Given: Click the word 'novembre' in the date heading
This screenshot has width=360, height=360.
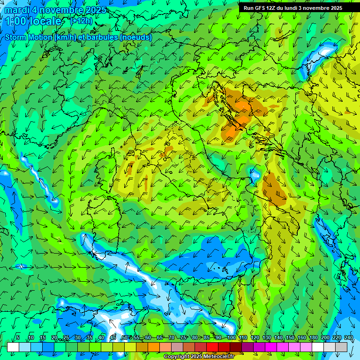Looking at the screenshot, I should point(58,10).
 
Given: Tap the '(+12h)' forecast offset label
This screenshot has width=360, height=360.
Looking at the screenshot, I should point(81,21).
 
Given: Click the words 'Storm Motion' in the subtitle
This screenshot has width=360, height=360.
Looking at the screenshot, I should point(29,37).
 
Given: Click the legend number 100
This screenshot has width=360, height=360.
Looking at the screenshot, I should point(231,337).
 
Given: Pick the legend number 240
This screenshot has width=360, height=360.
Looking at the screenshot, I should point(348,337).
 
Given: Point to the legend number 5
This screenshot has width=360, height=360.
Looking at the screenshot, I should point(18,337).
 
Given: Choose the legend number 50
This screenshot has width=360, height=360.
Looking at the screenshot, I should point(125,337).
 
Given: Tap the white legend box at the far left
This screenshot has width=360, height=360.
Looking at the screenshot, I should point(13,347).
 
